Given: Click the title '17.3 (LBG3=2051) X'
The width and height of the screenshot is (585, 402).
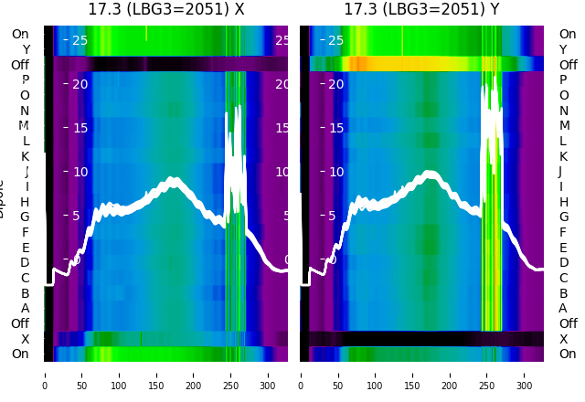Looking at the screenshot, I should point(165,9).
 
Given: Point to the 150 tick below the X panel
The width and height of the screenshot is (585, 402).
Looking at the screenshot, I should point(156,386).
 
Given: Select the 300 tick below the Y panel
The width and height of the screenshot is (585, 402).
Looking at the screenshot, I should point(524,386).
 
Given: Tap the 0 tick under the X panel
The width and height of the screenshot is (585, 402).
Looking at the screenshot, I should point(44,386).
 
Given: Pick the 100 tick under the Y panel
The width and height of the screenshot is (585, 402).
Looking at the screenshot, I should point(375,386).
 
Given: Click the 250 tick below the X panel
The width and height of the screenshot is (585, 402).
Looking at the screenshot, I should point(231,386).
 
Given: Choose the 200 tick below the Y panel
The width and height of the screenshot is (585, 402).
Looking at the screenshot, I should point(450,386).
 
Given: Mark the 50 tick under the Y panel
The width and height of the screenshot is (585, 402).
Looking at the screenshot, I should point(337,386).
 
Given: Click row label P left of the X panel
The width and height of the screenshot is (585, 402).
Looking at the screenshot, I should point(25,80).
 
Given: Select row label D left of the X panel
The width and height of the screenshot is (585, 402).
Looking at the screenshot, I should point(25,263).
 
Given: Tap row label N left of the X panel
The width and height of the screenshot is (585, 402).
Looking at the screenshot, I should point(25,111).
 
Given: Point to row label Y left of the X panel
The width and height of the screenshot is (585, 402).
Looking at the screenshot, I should point(25,49).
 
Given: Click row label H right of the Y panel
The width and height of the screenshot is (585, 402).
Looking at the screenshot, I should point(563,202).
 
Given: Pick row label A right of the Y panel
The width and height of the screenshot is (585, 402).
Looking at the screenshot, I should point(563,308).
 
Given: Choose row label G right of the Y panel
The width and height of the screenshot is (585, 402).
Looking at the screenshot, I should point(563,217).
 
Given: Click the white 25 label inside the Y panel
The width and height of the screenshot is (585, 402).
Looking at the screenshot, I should point(335,40).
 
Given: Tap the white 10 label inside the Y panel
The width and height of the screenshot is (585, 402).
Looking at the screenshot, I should point(335,172).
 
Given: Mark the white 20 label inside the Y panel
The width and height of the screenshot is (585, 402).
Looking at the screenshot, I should point(335,84).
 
